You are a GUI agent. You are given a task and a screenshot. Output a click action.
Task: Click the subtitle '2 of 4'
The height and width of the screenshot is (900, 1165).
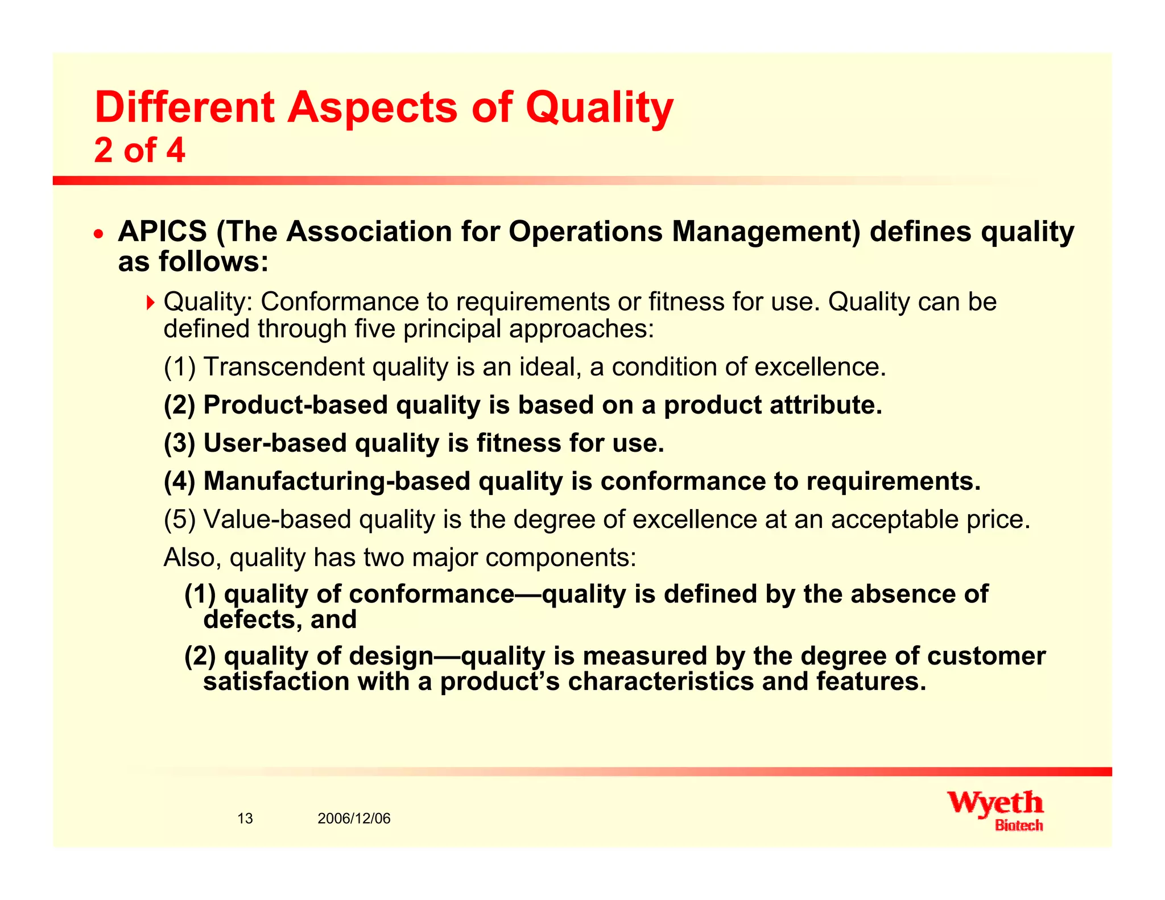[x=139, y=150]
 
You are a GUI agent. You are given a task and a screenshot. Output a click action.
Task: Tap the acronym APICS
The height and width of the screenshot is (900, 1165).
[x=162, y=232]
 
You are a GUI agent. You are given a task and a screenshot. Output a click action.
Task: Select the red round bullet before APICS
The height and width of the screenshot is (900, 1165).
[x=99, y=233]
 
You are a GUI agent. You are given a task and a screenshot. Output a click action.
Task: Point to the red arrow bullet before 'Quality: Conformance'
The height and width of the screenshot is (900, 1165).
[x=150, y=302]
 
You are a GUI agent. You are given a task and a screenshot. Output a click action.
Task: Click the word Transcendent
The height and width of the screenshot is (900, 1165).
[x=284, y=367]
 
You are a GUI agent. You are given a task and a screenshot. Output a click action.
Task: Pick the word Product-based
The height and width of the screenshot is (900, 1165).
[x=295, y=405]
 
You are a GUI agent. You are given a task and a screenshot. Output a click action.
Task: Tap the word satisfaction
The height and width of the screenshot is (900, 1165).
[x=276, y=682]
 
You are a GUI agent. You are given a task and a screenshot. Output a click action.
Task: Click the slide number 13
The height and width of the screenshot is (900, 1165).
[x=245, y=819]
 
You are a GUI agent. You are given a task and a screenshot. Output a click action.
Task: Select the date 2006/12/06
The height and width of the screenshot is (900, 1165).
[x=354, y=819]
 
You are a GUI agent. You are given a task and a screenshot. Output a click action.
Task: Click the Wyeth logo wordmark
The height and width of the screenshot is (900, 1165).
[x=995, y=803]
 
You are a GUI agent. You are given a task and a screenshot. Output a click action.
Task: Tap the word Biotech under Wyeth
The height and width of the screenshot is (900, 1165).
[x=1018, y=825]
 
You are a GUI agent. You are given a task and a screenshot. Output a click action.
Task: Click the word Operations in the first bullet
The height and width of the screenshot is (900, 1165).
[x=585, y=232]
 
